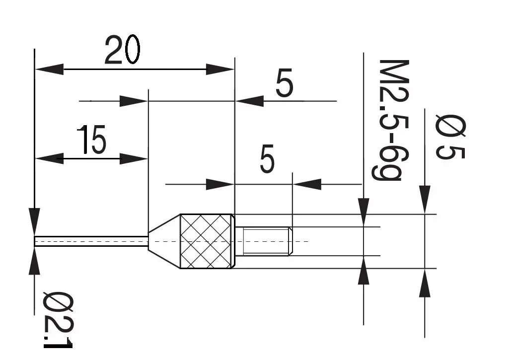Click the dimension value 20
click(x=123, y=50)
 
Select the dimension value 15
click(x=91, y=140)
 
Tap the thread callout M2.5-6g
click(x=390, y=120)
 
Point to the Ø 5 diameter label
click(x=450, y=137)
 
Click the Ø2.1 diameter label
click(x=58, y=320)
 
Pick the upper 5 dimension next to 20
click(x=284, y=83)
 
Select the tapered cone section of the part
click(x=164, y=241)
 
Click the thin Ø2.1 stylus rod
click(x=91, y=241)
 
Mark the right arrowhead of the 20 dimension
click(x=220, y=69)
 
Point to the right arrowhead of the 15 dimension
click(x=134, y=158)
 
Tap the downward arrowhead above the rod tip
click(x=34, y=222)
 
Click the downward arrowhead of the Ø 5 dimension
click(x=425, y=200)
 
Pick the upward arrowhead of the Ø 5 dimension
click(x=425, y=283)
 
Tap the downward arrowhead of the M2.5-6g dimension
click(x=364, y=212)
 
